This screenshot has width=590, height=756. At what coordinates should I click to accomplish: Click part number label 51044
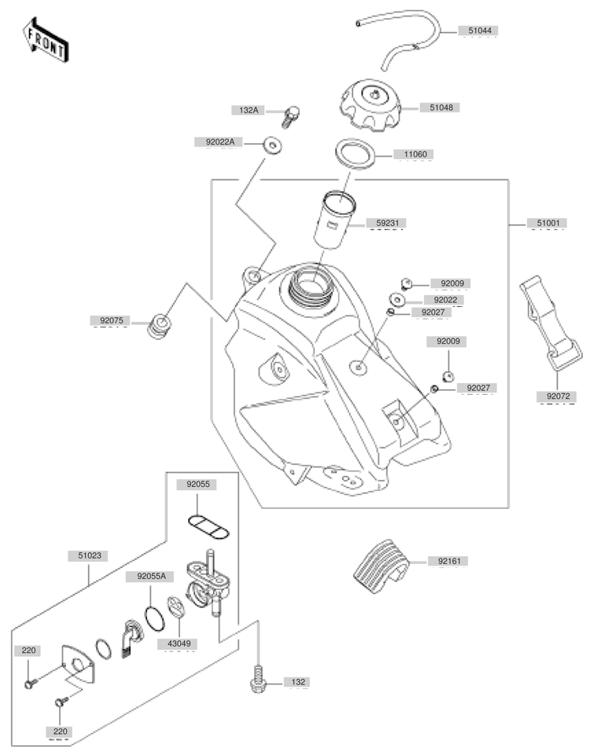[480, 31]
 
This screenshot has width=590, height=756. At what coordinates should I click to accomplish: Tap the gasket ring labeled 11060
[355, 154]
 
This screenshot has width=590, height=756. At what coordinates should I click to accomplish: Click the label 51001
[548, 223]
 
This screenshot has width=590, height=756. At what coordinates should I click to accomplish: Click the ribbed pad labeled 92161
[381, 567]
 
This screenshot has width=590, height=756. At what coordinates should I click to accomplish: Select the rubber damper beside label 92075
[159, 326]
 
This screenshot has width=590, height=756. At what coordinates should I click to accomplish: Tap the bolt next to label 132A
[290, 116]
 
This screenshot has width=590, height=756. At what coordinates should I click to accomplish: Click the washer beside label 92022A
[272, 145]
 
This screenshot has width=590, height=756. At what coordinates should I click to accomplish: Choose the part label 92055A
[151, 576]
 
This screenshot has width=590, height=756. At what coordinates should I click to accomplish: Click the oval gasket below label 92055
[208, 527]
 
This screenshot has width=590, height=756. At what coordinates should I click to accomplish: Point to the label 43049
[179, 644]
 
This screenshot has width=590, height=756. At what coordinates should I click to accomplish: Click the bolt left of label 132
[258, 679]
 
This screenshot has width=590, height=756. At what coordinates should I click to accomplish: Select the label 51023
[90, 555]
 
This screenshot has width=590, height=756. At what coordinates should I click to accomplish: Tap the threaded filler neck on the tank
[309, 289]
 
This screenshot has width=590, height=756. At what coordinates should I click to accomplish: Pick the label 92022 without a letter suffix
[445, 300]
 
